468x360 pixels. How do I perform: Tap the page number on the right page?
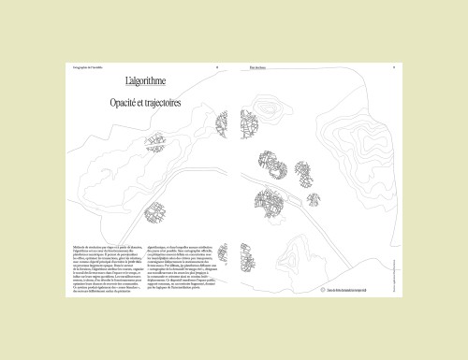click(394, 67)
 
